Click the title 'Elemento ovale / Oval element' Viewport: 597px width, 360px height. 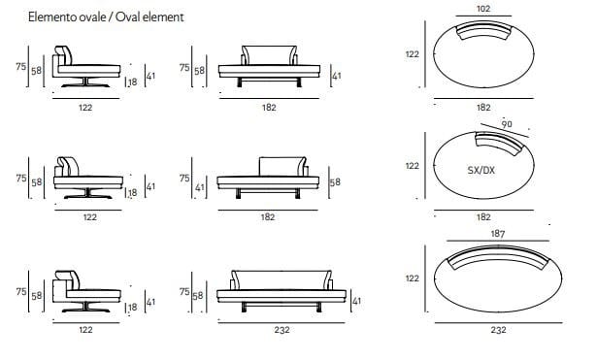pos(106,17)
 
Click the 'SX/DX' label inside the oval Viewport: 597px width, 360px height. pos(481,170)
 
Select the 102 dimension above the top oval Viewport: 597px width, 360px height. pos(483,9)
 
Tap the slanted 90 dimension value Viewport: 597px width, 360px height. pos(507,124)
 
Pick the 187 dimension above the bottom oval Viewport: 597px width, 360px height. pos(498,233)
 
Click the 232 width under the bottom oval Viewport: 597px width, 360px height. pos(498,330)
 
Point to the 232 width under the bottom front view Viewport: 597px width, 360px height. pos(282,330)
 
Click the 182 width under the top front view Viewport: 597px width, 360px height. pos(269,108)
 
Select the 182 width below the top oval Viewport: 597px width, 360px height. pos(483,108)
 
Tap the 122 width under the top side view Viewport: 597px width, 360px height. pos(85,108)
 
